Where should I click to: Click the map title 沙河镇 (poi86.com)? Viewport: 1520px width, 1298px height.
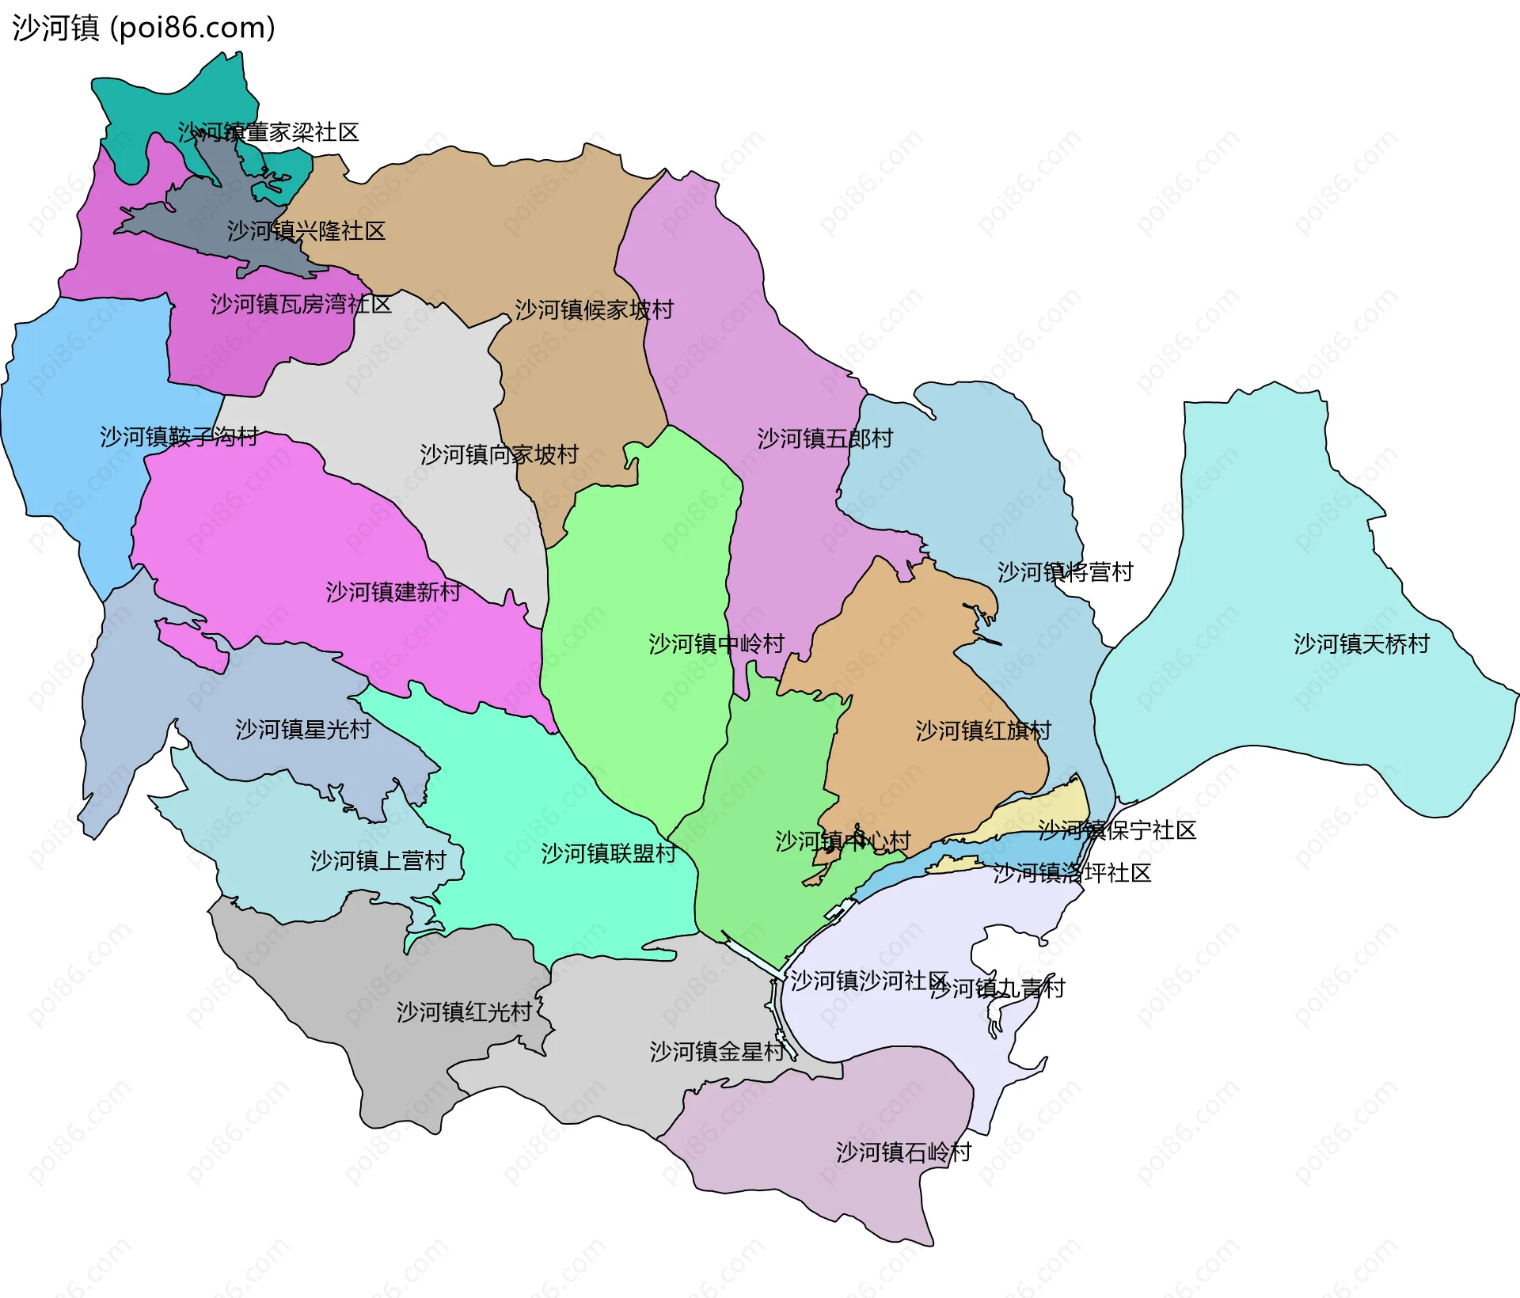click(x=143, y=28)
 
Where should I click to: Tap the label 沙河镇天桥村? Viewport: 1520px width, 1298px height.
click(x=1361, y=644)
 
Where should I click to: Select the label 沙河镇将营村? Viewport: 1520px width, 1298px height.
click(x=1065, y=572)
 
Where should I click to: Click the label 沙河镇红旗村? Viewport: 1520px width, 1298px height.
click(x=982, y=731)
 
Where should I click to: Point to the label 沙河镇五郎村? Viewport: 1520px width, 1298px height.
click(x=825, y=438)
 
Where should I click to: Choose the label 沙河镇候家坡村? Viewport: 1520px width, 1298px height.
click(x=594, y=309)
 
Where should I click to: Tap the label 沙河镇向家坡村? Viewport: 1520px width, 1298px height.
click(x=499, y=454)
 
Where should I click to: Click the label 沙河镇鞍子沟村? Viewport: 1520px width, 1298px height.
click(x=179, y=437)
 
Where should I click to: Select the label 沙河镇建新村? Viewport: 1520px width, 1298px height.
click(x=393, y=592)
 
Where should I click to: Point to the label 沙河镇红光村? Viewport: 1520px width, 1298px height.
click(x=463, y=1012)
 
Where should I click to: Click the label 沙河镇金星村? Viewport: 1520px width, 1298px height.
click(x=716, y=1052)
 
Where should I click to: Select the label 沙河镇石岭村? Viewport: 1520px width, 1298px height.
click(x=903, y=1152)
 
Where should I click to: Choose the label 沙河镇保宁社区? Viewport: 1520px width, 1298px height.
click(x=1116, y=830)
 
